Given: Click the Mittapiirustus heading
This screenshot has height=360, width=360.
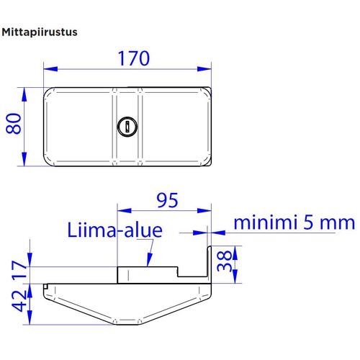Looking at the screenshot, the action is pos(40,32).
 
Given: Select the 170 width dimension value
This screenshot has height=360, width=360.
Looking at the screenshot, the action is pos(134,58).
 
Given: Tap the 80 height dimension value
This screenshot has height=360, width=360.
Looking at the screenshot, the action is pos(14,124).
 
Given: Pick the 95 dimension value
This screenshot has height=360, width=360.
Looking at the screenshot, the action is pos(168,200).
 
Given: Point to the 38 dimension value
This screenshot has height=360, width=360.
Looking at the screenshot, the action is pos(225,261).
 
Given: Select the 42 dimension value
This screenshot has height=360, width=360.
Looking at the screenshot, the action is pos(19,301).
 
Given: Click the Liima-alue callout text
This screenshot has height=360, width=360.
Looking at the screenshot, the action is pos(115,230).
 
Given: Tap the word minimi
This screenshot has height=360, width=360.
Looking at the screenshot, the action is pos(264,222).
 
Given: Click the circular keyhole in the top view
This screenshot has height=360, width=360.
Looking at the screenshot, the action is pos(127,126).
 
